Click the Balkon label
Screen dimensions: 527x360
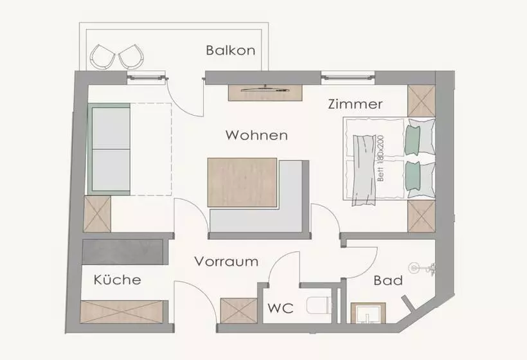231,50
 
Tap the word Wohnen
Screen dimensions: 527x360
256,135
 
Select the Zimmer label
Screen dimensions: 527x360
355,104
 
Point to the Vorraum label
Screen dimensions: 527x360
226,261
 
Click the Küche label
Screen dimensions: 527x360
118,280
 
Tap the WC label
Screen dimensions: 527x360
281,308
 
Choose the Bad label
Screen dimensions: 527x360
388,280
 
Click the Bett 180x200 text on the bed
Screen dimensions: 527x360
380,158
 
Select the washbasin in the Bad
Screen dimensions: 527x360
368,313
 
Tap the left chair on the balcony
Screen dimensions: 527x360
102,57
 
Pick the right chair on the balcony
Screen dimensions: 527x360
131,57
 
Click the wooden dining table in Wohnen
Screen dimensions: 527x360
242,182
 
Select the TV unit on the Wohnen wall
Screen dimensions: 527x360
265,93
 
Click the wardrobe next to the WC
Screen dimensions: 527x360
238,310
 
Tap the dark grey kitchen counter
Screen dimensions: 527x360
123,252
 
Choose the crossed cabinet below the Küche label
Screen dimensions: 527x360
121,312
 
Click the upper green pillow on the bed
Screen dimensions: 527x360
413,139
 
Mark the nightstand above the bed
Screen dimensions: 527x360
422,101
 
